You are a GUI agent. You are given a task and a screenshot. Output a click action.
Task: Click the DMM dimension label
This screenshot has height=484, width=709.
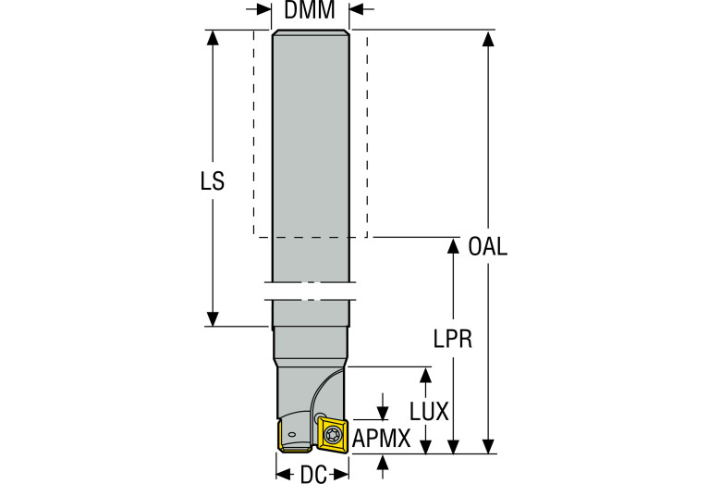tap(310, 11)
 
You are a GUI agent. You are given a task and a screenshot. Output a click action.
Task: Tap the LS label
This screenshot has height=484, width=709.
tap(213, 181)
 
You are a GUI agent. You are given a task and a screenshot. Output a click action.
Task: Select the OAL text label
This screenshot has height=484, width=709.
tap(488, 247)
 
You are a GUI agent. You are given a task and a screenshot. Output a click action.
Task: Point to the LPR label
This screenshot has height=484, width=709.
tap(453, 339)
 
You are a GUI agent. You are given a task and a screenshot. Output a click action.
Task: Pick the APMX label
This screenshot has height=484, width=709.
tap(381, 439)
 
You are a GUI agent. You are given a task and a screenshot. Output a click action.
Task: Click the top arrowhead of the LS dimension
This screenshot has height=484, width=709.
tap(213, 37)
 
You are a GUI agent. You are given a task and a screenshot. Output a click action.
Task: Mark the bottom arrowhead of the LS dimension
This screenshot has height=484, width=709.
tap(213, 319)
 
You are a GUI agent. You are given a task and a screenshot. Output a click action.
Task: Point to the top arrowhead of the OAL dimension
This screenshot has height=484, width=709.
tap(488, 37)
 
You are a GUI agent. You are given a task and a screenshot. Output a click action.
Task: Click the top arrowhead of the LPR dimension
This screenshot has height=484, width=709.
tap(453, 244)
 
